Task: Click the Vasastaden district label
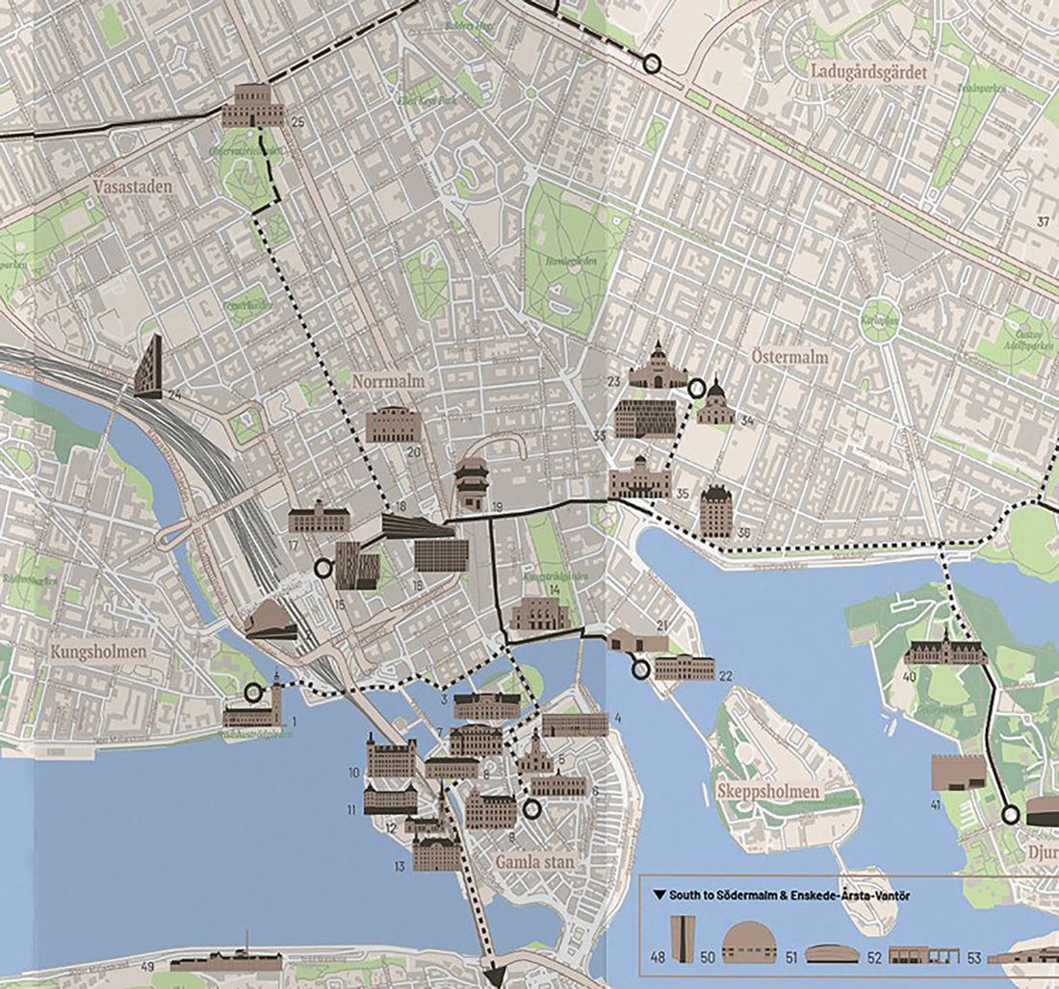[x=133, y=187]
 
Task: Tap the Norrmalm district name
[x=388, y=381]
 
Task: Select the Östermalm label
[x=788, y=357]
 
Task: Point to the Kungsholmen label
[x=100, y=651]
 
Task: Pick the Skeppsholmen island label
[x=768, y=793]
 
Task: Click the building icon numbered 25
[x=252, y=106]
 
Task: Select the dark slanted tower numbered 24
[x=148, y=367]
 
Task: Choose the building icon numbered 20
[x=394, y=424]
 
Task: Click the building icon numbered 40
[x=944, y=652]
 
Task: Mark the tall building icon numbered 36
[x=716, y=511]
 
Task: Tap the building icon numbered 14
[x=540, y=614]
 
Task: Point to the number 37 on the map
[x=1043, y=222]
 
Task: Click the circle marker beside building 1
[x=253, y=692]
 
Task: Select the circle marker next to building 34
[x=697, y=387]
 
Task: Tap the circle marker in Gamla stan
[x=530, y=810]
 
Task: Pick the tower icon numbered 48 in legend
[x=683, y=941]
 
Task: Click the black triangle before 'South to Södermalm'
[x=659, y=896]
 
